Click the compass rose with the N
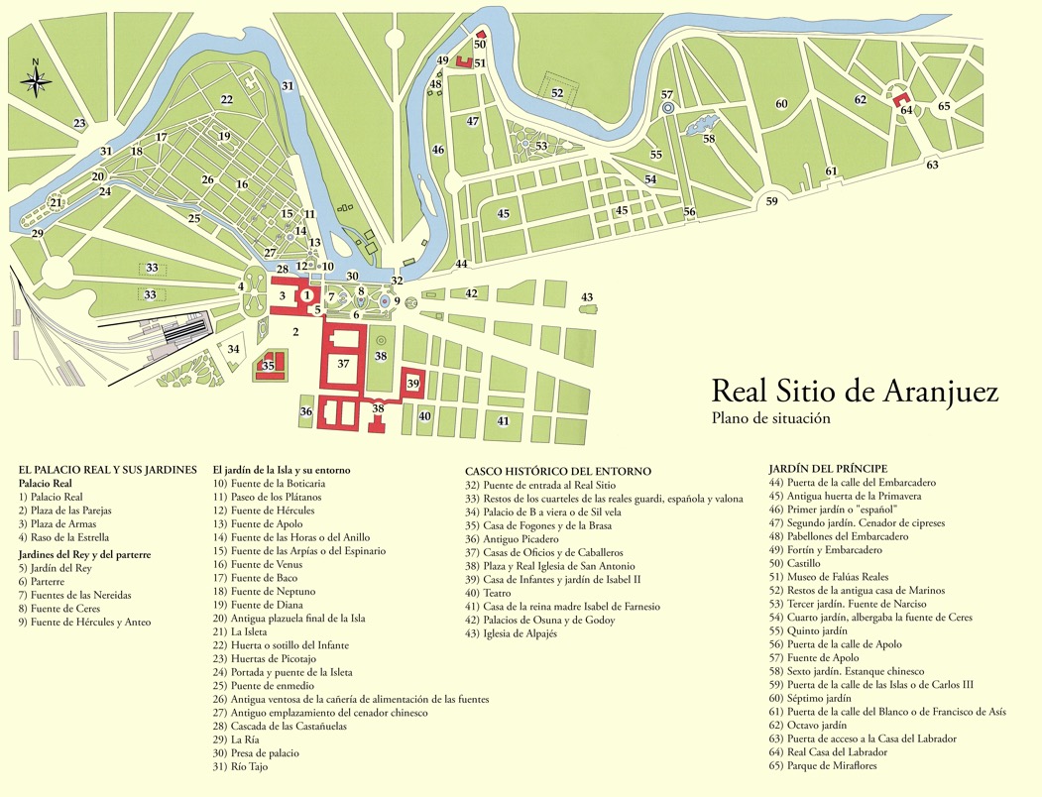pyautogui.click(x=36, y=80)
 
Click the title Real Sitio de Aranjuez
pyautogui.click(x=855, y=391)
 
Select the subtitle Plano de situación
pyautogui.click(x=770, y=418)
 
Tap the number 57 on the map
pyautogui.click(x=667, y=94)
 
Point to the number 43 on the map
pyautogui.click(x=587, y=297)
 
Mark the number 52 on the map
pyautogui.click(x=557, y=93)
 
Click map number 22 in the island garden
pyautogui.click(x=226, y=99)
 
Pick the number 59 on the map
pyautogui.click(x=772, y=201)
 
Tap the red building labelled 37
pyautogui.click(x=343, y=364)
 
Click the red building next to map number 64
pyautogui.click(x=902, y=100)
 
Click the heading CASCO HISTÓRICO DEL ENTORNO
pyautogui.click(x=558, y=472)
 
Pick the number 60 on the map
pyautogui.click(x=781, y=104)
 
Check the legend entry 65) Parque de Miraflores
pyautogui.click(x=823, y=765)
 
